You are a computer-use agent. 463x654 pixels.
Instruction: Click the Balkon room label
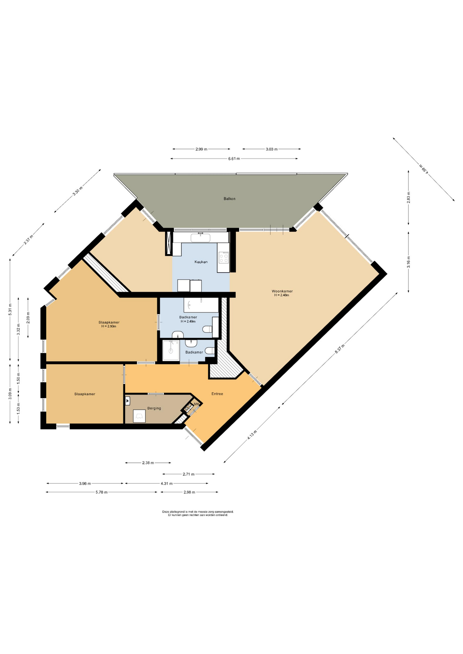(229, 199)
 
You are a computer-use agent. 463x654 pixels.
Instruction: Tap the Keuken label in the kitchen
(201, 262)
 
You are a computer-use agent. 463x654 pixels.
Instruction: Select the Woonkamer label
(282, 291)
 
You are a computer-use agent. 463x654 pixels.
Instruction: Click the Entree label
(217, 394)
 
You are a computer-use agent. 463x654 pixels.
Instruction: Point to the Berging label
(154, 408)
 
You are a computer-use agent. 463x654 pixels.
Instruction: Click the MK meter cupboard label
(196, 404)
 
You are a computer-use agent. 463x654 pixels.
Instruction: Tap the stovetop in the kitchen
(224, 257)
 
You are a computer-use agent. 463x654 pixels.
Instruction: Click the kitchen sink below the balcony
(200, 237)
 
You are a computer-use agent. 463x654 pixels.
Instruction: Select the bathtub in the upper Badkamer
(201, 305)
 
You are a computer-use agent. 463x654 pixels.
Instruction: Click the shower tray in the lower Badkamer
(171, 350)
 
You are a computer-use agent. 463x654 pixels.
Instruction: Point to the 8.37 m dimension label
(340, 349)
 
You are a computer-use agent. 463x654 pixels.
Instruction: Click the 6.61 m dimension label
(234, 158)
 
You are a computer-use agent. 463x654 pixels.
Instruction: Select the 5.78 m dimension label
(102, 492)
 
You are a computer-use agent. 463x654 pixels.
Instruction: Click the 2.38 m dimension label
(148, 463)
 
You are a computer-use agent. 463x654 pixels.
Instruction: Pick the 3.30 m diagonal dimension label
(78, 191)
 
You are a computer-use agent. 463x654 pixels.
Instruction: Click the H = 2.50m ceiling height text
(109, 326)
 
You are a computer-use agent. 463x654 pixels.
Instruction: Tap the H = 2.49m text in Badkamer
(188, 321)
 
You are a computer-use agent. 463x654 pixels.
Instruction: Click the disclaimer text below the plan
(198, 513)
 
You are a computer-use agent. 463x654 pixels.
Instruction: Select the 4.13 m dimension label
(252, 435)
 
